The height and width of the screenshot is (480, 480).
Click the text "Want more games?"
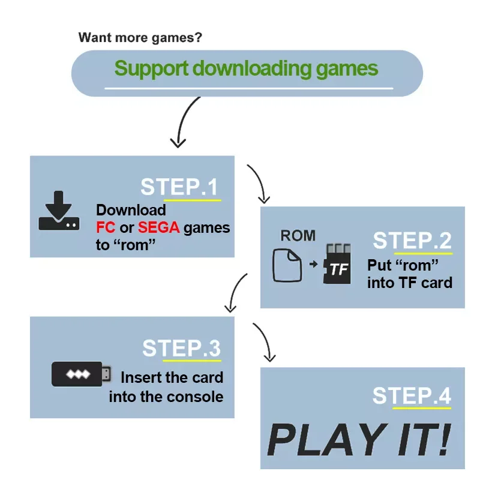pyautogui.click(x=140, y=38)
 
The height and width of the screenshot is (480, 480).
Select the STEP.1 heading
pyautogui.click(x=180, y=187)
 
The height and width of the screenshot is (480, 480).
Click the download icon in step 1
pyautogui.click(x=58, y=211)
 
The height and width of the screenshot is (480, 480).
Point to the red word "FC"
pyautogui.click(x=106, y=228)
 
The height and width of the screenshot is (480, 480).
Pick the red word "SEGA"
pyautogui.click(x=158, y=228)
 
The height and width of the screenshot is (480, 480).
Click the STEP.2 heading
pyautogui.click(x=412, y=241)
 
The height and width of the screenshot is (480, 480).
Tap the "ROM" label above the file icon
pyautogui.click(x=298, y=236)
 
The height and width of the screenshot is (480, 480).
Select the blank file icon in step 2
pyautogui.click(x=286, y=266)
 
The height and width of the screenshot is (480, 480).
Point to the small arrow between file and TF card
pyautogui.click(x=312, y=265)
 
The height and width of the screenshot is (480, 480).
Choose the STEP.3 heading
pyautogui.click(x=181, y=349)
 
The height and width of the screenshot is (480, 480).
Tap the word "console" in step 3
pyautogui.click(x=194, y=397)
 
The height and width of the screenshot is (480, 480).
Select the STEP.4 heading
pyautogui.click(x=412, y=396)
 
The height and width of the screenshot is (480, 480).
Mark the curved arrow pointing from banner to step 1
pyautogui.click(x=183, y=123)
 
